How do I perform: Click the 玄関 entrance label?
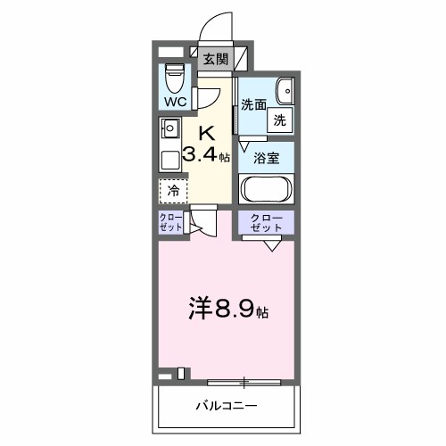[x=215, y=60]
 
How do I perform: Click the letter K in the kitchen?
[x=206, y=133]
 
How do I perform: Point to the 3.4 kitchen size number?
[x=200, y=154]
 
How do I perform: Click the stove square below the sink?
[x=169, y=161]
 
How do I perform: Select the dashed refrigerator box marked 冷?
[x=173, y=190]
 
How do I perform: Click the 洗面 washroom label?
[x=253, y=103]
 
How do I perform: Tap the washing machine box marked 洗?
[x=279, y=120]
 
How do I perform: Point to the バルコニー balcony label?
[x=227, y=406]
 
